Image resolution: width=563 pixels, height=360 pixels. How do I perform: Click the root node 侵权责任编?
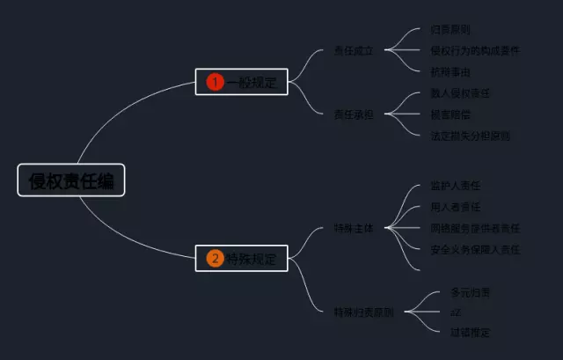[71, 180]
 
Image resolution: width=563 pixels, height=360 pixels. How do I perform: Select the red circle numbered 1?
[215, 82]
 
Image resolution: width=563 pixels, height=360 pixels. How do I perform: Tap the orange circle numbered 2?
[215, 259]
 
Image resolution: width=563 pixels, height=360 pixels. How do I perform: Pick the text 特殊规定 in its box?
[252, 259]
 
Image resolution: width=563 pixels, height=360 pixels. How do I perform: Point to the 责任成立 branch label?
[354, 51]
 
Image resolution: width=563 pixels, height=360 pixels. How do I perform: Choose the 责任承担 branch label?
[354, 114]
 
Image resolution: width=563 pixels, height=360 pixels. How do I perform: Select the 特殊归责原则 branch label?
[363, 312]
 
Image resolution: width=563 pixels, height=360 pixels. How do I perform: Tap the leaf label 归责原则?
[450, 30]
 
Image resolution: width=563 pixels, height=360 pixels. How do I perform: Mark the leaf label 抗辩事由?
[450, 72]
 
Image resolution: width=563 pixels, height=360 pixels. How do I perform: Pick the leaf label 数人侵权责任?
[460, 93]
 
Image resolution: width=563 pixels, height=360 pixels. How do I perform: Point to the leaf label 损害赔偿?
[450, 114]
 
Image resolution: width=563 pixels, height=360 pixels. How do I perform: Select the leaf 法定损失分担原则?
[470, 136]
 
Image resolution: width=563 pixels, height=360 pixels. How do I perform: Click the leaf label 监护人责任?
[455, 186]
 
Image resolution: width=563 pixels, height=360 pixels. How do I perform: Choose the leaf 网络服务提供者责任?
[475, 229]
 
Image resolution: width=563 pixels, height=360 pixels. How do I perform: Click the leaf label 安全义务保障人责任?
[475, 250]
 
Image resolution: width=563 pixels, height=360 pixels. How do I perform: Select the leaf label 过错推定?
[470, 333]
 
